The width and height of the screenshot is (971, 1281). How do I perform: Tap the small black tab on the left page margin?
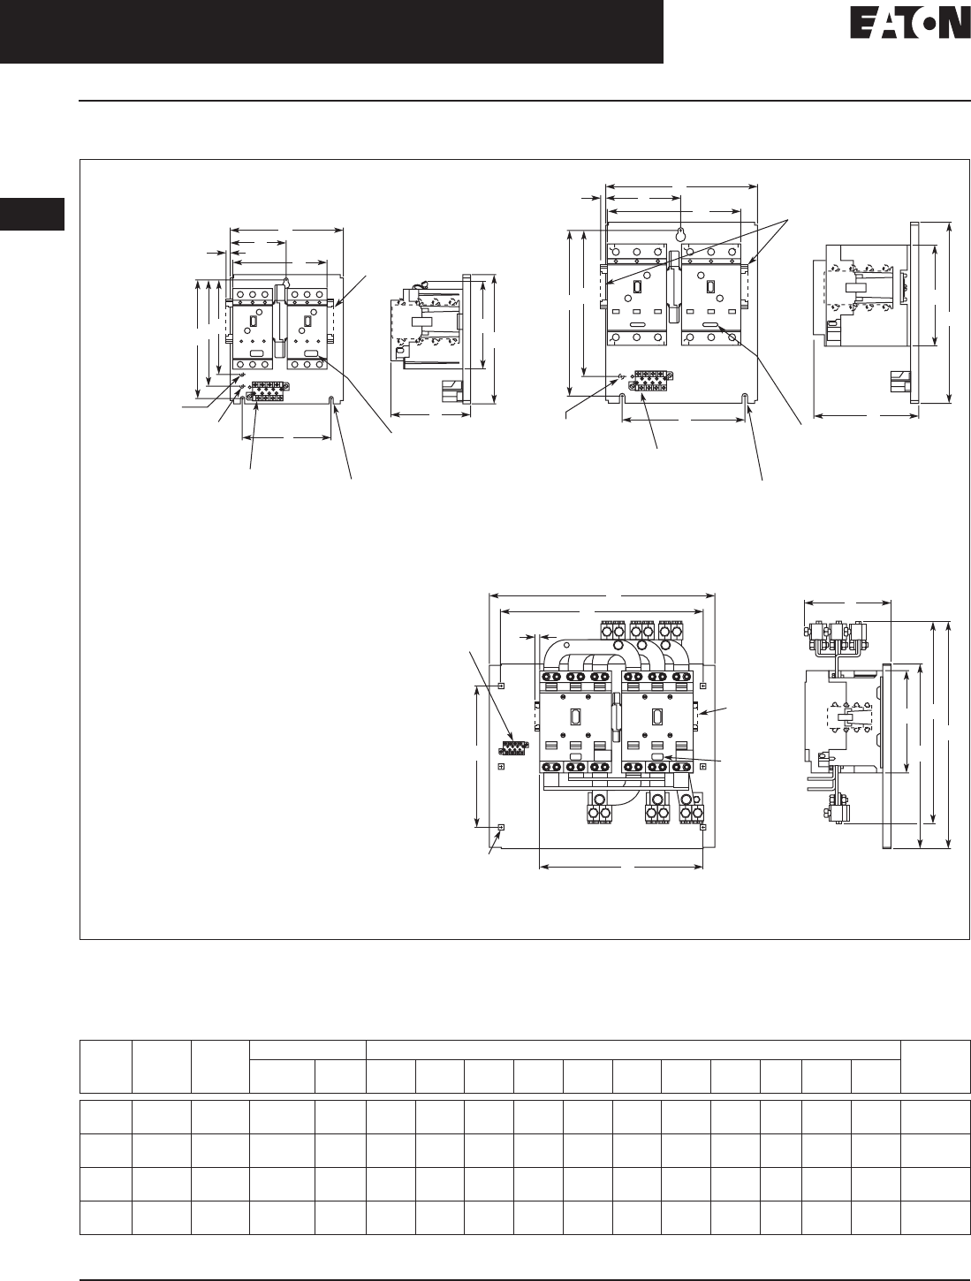[x=32, y=216]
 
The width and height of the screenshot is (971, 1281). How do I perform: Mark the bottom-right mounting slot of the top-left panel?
[x=332, y=402]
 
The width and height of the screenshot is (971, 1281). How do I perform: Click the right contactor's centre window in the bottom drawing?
[x=656, y=716]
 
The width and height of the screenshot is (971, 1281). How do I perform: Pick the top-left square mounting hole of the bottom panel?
[x=501, y=685]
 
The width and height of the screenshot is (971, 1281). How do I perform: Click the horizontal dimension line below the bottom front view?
[x=620, y=867]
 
